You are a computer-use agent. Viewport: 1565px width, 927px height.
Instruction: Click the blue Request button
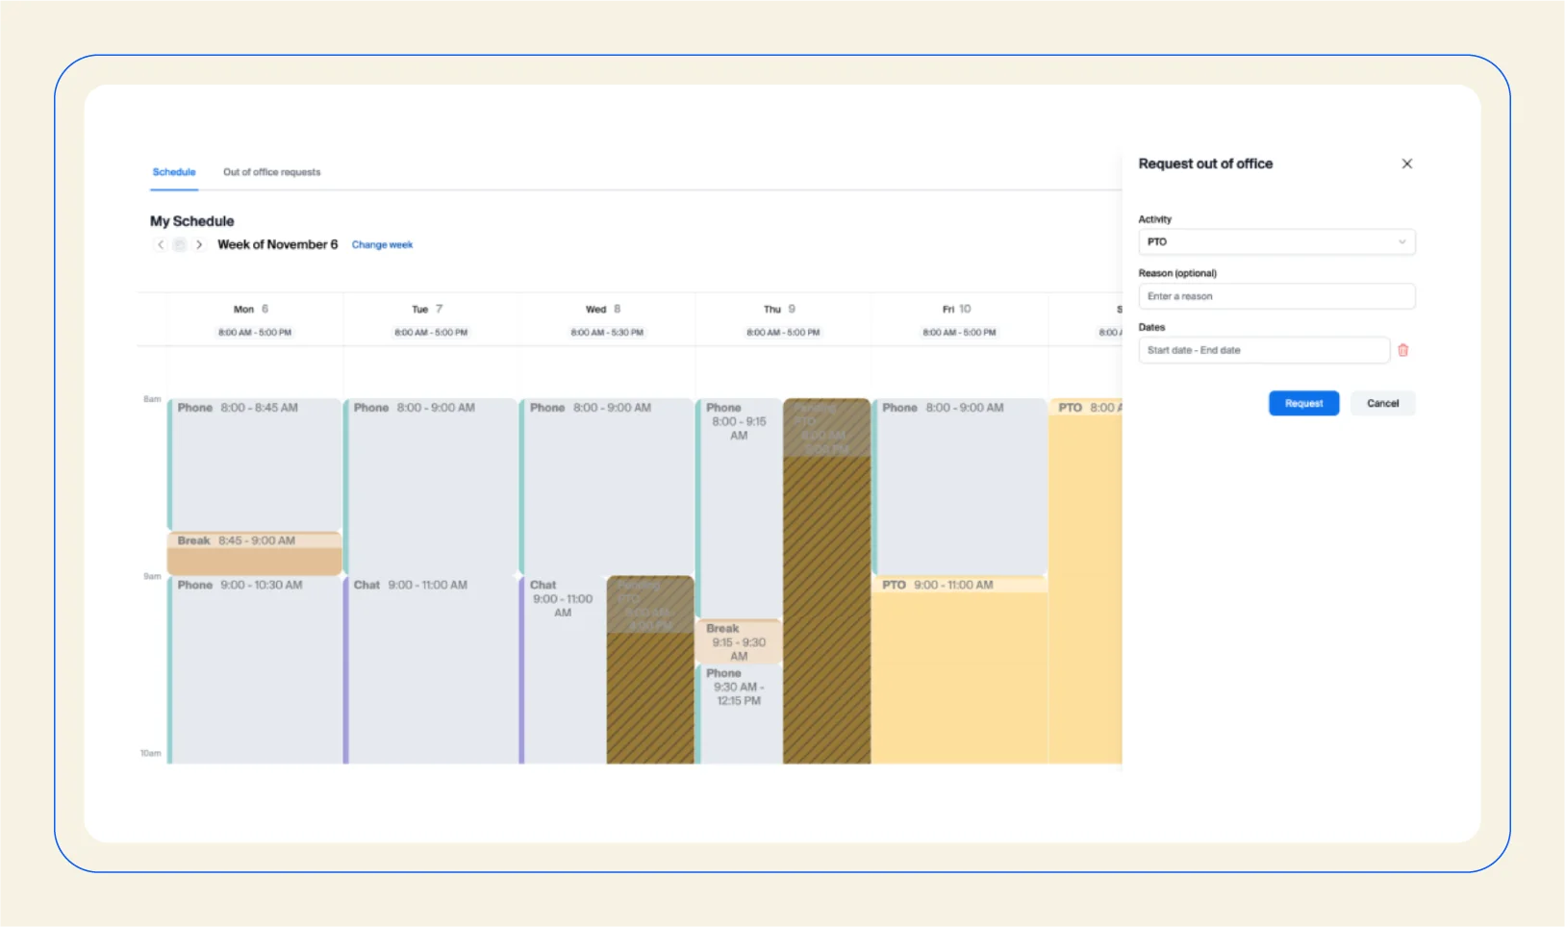pyautogui.click(x=1303, y=403)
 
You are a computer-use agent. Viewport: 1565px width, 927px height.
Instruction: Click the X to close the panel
pyautogui.click(x=1406, y=163)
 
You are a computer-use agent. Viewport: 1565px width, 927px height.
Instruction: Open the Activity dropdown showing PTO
pyautogui.click(x=1275, y=241)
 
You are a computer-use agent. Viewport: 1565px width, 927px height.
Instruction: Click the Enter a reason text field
pyautogui.click(x=1275, y=296)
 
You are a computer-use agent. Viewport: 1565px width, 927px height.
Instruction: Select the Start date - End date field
pyautogui.click(x=1263, y=350)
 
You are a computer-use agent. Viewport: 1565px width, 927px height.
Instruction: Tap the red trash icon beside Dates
pyautogui.click(x=1402, y=350)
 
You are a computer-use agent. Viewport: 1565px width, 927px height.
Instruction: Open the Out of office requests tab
pyautogui.click(x=271, y=172)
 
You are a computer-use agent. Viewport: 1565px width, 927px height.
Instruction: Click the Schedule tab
pyautogui.click(x=174, y=172)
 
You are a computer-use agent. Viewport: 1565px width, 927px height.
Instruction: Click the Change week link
pyautogui.click(x=382, y=244)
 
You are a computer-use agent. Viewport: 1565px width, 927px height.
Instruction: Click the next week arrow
pyautogui.click(x=199, y=244)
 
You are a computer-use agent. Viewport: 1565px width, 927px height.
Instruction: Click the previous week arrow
pyautogui.click(x=161, y=244)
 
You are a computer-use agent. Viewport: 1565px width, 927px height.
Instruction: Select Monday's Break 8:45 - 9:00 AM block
pyautogui.click(x=255, y=553)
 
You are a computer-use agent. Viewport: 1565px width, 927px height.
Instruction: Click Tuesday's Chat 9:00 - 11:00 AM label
pyautogui.click(x=411, y=585)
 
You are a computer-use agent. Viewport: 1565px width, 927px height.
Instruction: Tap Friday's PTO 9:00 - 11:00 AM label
pyautogui.click(x=938, y=585)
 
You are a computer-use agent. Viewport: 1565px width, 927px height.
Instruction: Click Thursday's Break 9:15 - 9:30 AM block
pyautogui.click(x=738, y=641)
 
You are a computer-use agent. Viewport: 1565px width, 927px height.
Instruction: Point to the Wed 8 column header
pyautogui.click(x=603, y=309)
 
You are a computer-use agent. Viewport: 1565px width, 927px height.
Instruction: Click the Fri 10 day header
pyautogui.click(x=956, y=309)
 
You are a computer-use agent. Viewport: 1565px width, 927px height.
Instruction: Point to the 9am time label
pyautogui.click(x=152, y=576)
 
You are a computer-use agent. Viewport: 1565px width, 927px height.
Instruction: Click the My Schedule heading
pyautogui.click(x=191, y=220)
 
